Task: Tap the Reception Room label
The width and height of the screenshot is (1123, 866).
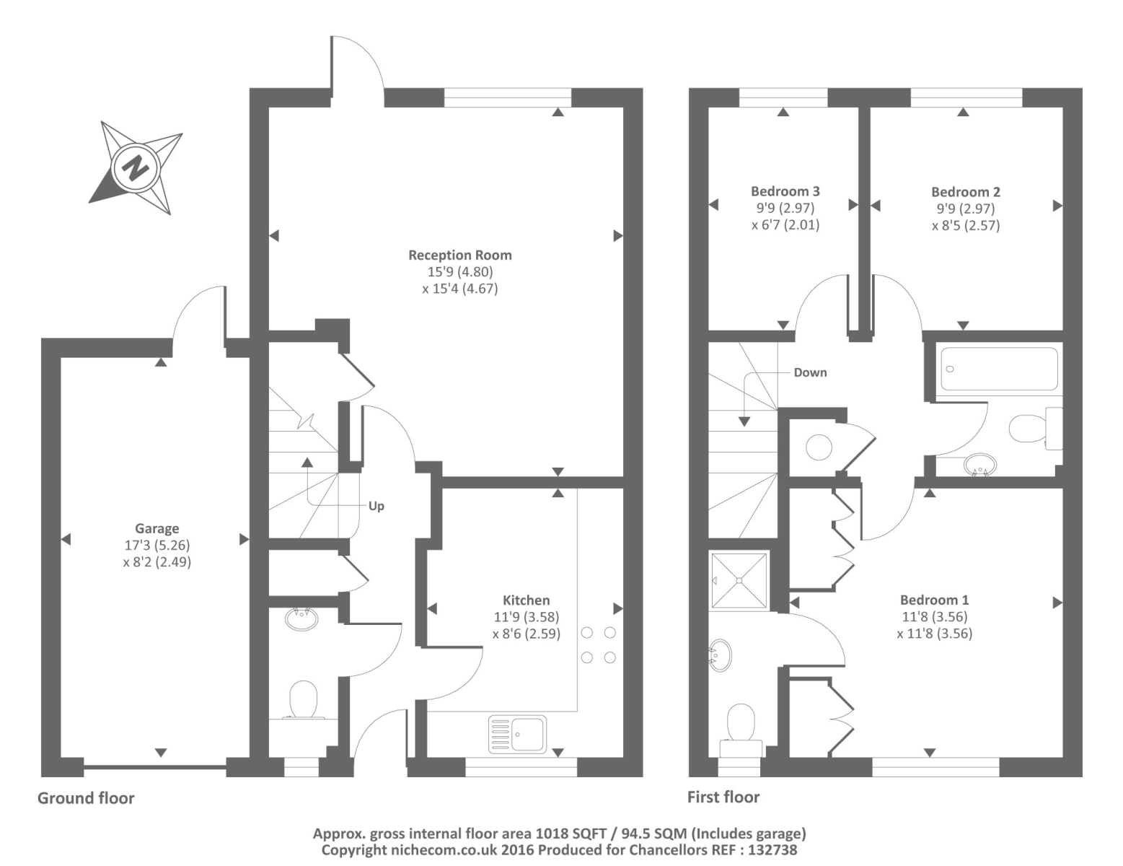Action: (x=460, y=255)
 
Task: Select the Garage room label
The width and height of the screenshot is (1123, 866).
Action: (x=157, y=528)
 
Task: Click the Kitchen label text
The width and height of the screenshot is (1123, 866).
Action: (x=526, y=600)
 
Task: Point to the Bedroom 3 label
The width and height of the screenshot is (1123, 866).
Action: (x=785, y=191)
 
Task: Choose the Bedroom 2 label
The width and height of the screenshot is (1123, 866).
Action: (x=965, y=192)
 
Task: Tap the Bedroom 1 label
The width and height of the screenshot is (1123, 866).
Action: (x=934, y=600)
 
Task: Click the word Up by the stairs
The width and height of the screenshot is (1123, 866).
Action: (x=376, y=506)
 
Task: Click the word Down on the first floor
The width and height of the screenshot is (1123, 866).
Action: (x=811, y=372)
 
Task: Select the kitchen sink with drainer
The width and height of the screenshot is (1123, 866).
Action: (x=517, y=733)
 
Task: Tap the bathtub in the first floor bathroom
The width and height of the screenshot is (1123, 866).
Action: (x=999, y=369)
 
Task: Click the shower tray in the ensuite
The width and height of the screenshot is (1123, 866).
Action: (x=739, y=580)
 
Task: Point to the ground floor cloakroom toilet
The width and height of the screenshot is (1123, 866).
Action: (x=303, y=699)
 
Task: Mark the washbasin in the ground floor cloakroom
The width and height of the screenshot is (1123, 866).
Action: (x=301, y=619)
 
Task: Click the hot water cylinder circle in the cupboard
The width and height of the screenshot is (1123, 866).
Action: (x=819, y=447)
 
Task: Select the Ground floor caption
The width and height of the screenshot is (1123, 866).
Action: (x=86, y=797)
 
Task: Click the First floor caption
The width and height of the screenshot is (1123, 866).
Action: (x=723, y=797)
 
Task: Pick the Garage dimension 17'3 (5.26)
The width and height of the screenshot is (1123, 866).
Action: (x=157, y=545)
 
